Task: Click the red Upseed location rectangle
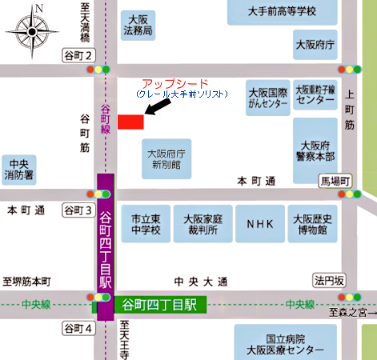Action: (x=130, y=121)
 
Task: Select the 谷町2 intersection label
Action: (x=78, y=54)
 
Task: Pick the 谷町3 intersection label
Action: (x=78, y=210)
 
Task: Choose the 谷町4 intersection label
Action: (x=78, y=329)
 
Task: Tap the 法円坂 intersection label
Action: (x=328, y=280)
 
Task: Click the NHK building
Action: (x=259, y=224)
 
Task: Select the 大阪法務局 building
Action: (x=138, y=26)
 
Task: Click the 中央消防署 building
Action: (x=17, y=166)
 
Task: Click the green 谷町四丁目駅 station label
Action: (x=159, y=304)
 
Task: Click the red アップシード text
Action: (x=174, y=84)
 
